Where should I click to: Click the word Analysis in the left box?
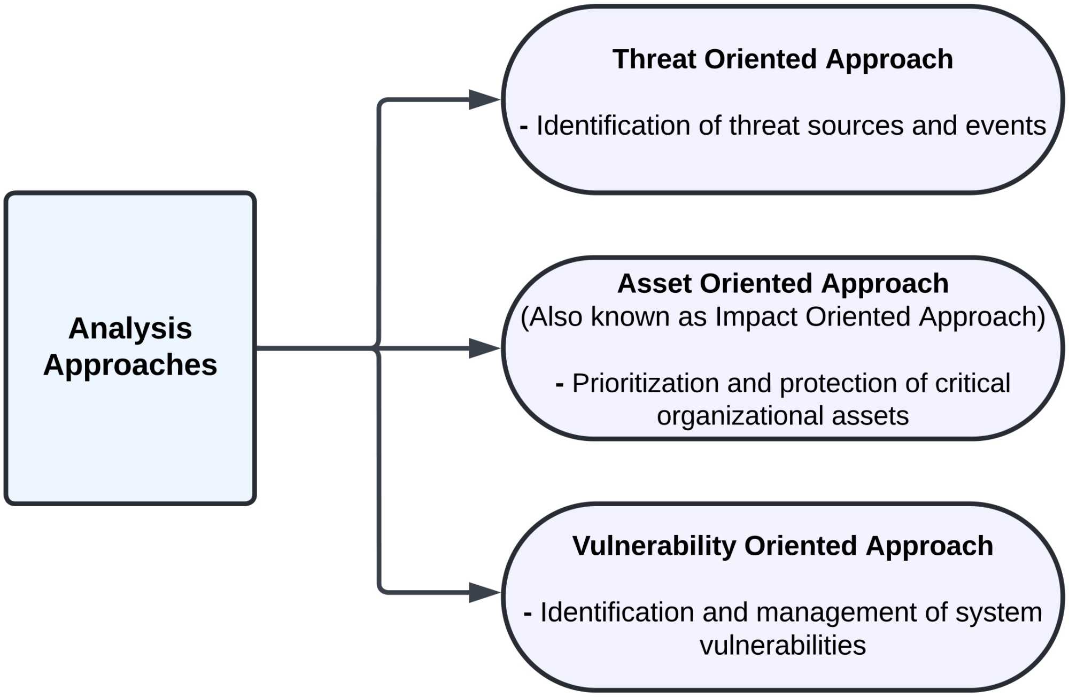pos(130,328)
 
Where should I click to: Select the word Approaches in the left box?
pos(130,365)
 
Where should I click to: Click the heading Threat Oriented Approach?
pos(783,59)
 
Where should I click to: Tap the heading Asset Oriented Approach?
pos(783,283)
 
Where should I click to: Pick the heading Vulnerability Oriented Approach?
pos(783,546)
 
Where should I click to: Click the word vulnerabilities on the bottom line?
pos(783,646)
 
